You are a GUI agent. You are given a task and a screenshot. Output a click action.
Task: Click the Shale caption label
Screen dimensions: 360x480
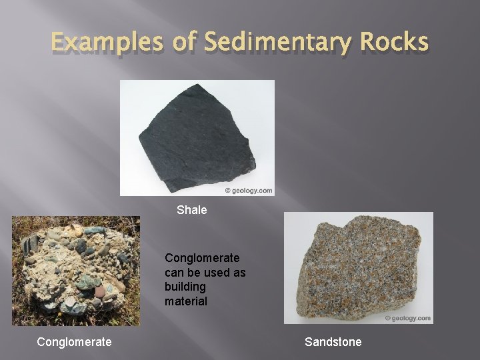coord(192,210)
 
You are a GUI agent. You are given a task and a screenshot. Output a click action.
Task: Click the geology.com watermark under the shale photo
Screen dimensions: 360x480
coord(252,191)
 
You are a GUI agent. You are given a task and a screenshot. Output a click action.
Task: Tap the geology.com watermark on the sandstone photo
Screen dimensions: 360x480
coord(411,318)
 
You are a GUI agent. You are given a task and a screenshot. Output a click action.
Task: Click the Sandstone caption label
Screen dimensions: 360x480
coord(333,342)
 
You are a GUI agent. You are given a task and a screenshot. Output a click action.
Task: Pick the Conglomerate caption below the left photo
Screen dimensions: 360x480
coord(74,342)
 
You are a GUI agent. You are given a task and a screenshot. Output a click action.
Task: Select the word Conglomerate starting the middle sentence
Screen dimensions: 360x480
coord(203,257)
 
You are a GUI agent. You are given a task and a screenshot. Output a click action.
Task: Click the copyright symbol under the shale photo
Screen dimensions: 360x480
coord(228,191)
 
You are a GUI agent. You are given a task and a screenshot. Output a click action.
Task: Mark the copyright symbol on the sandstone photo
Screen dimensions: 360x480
coord(387,318)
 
